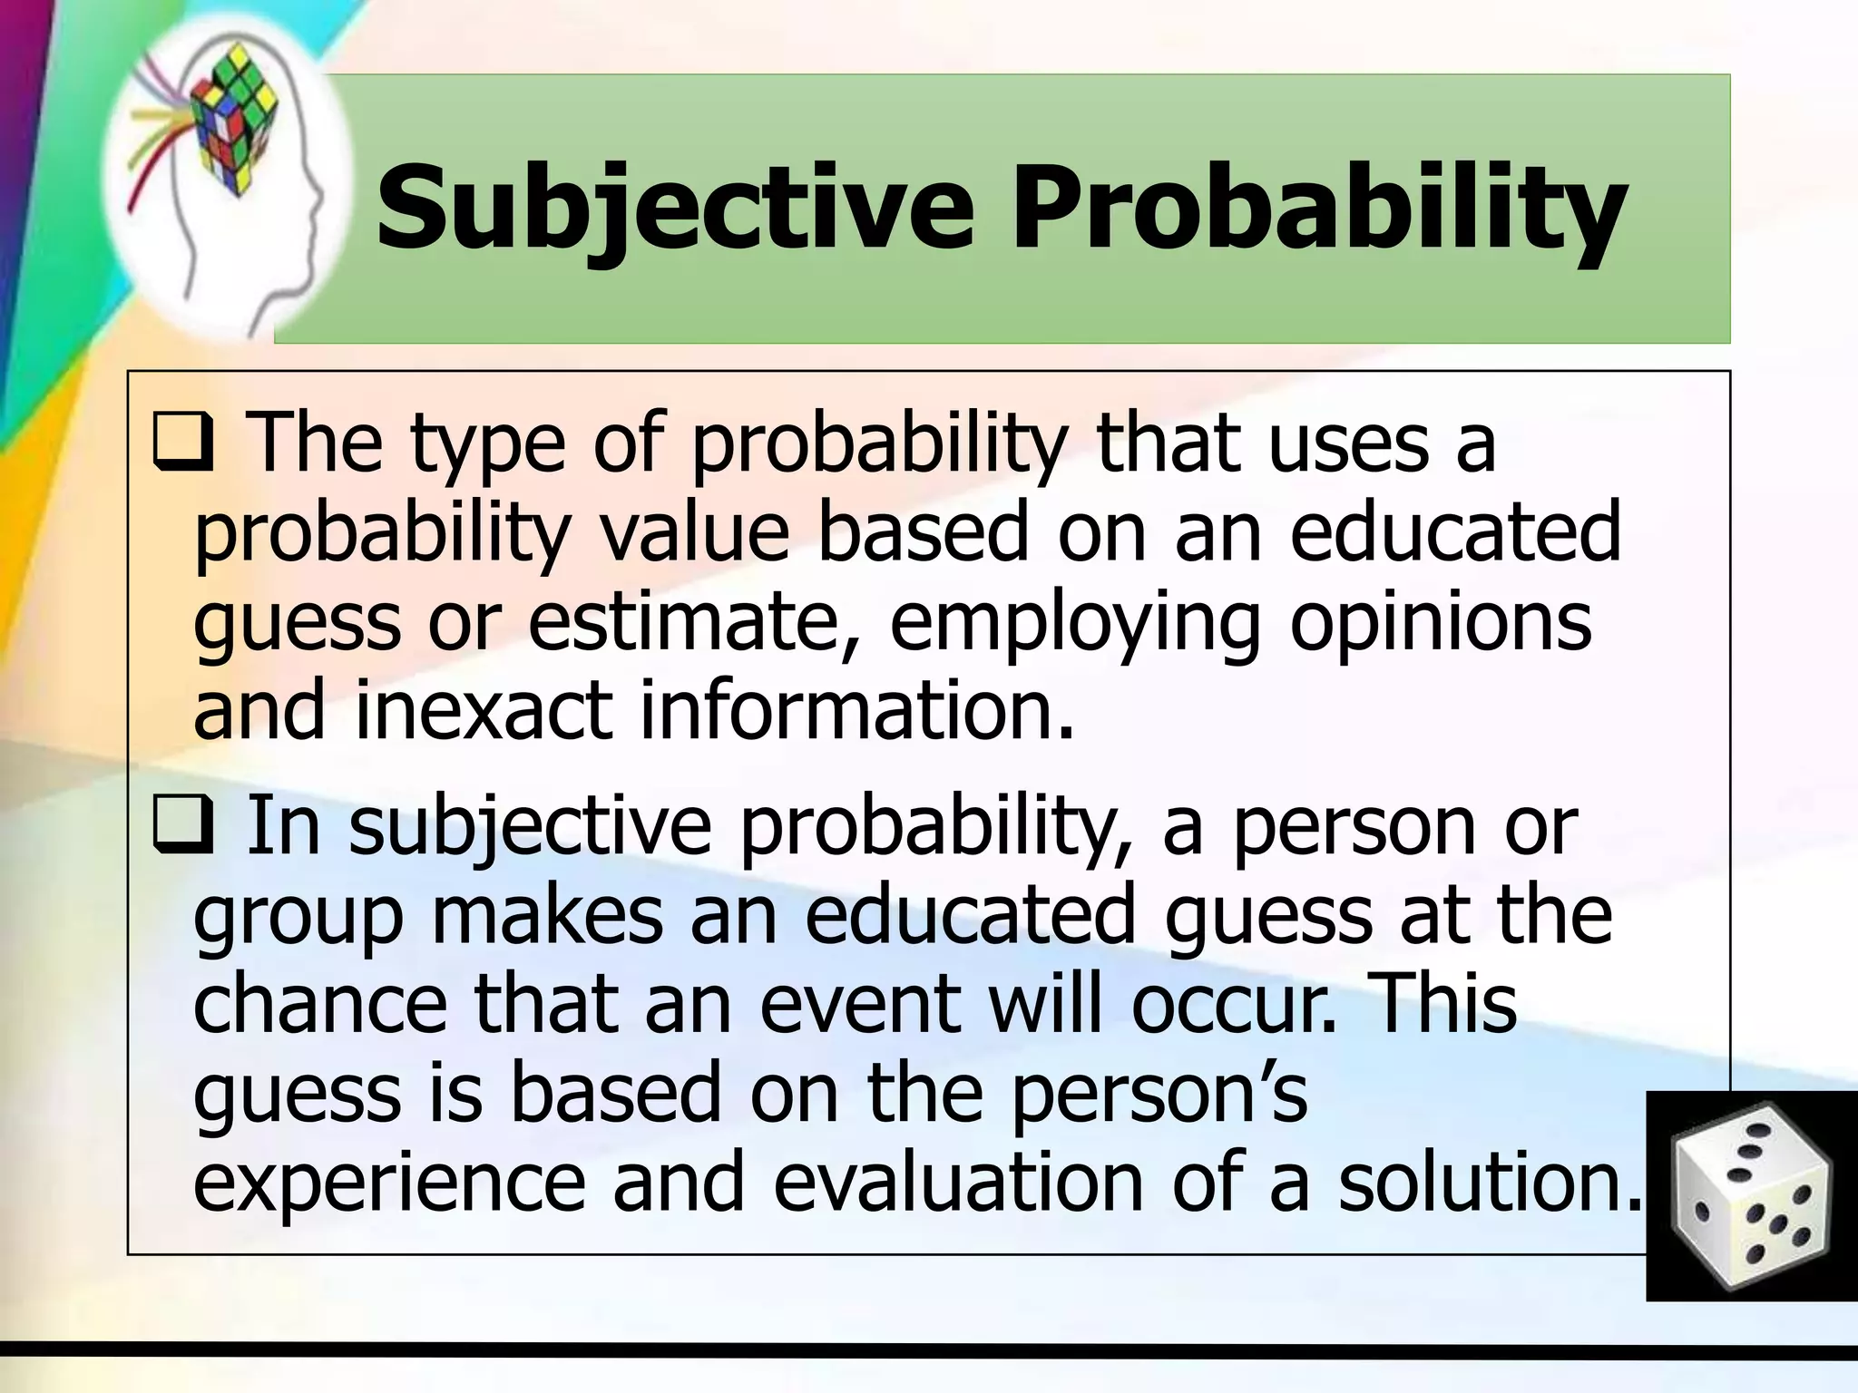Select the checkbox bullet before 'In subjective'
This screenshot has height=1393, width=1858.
point(182,825)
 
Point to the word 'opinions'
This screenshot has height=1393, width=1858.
point(1441,623)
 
